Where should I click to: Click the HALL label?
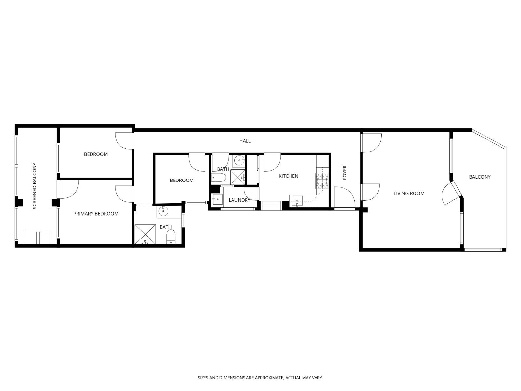tap(245, 141)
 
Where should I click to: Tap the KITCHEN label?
tap(288, 176)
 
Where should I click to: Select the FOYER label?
tap(345, 173)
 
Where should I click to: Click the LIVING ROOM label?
tap(409, 193)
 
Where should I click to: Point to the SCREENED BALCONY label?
tap(35, 186)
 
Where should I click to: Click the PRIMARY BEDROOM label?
tap(96, 214)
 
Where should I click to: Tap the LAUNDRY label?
tap(239, 200)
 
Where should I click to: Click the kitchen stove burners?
tap(321, 181)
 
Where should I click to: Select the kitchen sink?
tap(297, 200)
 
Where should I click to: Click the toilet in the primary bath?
tap(171, 237)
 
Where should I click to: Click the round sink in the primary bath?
tap(162, 212)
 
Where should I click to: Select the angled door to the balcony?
tap(449, 194)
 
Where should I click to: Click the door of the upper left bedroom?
tap(124, 141)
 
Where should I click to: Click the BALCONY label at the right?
tap(480, 177)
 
